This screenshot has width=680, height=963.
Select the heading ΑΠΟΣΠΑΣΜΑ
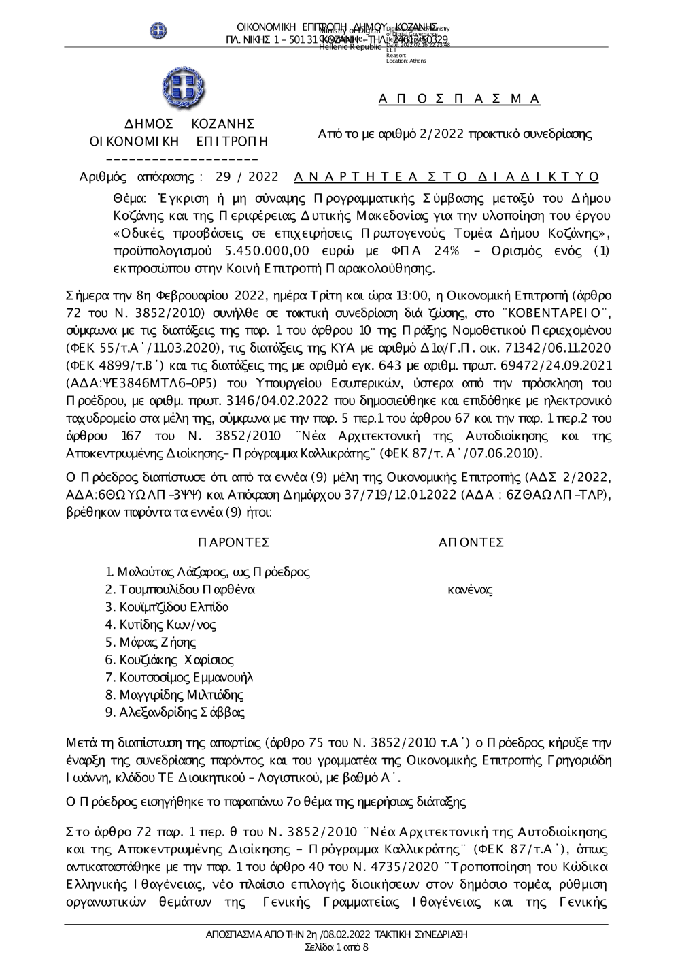tap(459, 99)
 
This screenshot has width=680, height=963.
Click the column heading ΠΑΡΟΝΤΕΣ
tap(233, 542)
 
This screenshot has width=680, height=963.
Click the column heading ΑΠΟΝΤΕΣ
tap(471, 542)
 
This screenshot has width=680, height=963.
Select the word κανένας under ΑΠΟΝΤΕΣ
tap(470, 589)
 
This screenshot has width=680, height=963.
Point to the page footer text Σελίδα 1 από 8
tap(337, 947)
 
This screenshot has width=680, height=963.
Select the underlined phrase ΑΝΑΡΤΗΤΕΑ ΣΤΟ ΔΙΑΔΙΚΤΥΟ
tap(447, 177)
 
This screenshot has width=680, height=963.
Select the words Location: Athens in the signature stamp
tap(406, 61)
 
